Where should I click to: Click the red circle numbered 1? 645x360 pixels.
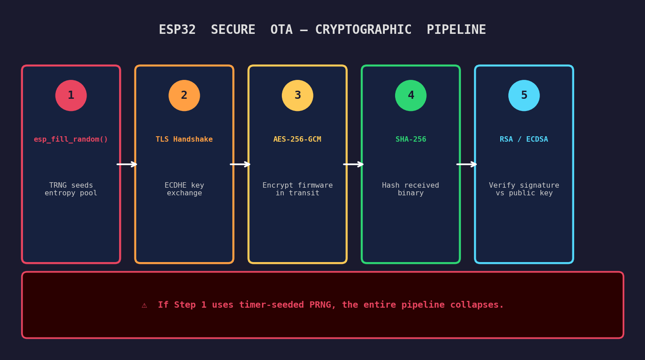tap(71, 96)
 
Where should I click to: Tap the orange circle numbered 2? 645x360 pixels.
tap(184, 96)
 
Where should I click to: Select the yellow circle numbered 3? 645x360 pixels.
tap(297, 96)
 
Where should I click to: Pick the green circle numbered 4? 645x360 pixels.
tap(410, 96)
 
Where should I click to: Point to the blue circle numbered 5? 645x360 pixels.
tap(524, 96)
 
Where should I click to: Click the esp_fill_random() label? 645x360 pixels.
tap(71, 139)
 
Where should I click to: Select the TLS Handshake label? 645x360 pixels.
tap(184, 139)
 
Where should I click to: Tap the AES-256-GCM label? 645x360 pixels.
tap(297, 139)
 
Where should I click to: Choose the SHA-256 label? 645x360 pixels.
tap(410, 139)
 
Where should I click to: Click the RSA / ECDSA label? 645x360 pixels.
tap(524, 139)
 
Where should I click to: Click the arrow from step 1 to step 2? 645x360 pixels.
tap(127, 164)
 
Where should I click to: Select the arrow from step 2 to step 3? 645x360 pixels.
tap(240, 164)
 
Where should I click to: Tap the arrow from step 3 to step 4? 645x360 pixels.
tap(354, 164)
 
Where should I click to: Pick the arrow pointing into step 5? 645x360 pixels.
tap(467, 164)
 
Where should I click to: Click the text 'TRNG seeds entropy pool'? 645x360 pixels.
tap(71, 189)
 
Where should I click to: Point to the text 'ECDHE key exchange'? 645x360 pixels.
tap(184, 189)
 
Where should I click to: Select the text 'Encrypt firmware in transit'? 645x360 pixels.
tap(297, 189)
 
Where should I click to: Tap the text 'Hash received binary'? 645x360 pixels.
tap(410, 189)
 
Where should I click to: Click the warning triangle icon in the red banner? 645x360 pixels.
tap(144, 305)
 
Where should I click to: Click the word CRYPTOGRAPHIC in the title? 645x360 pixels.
tap(363, 30)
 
